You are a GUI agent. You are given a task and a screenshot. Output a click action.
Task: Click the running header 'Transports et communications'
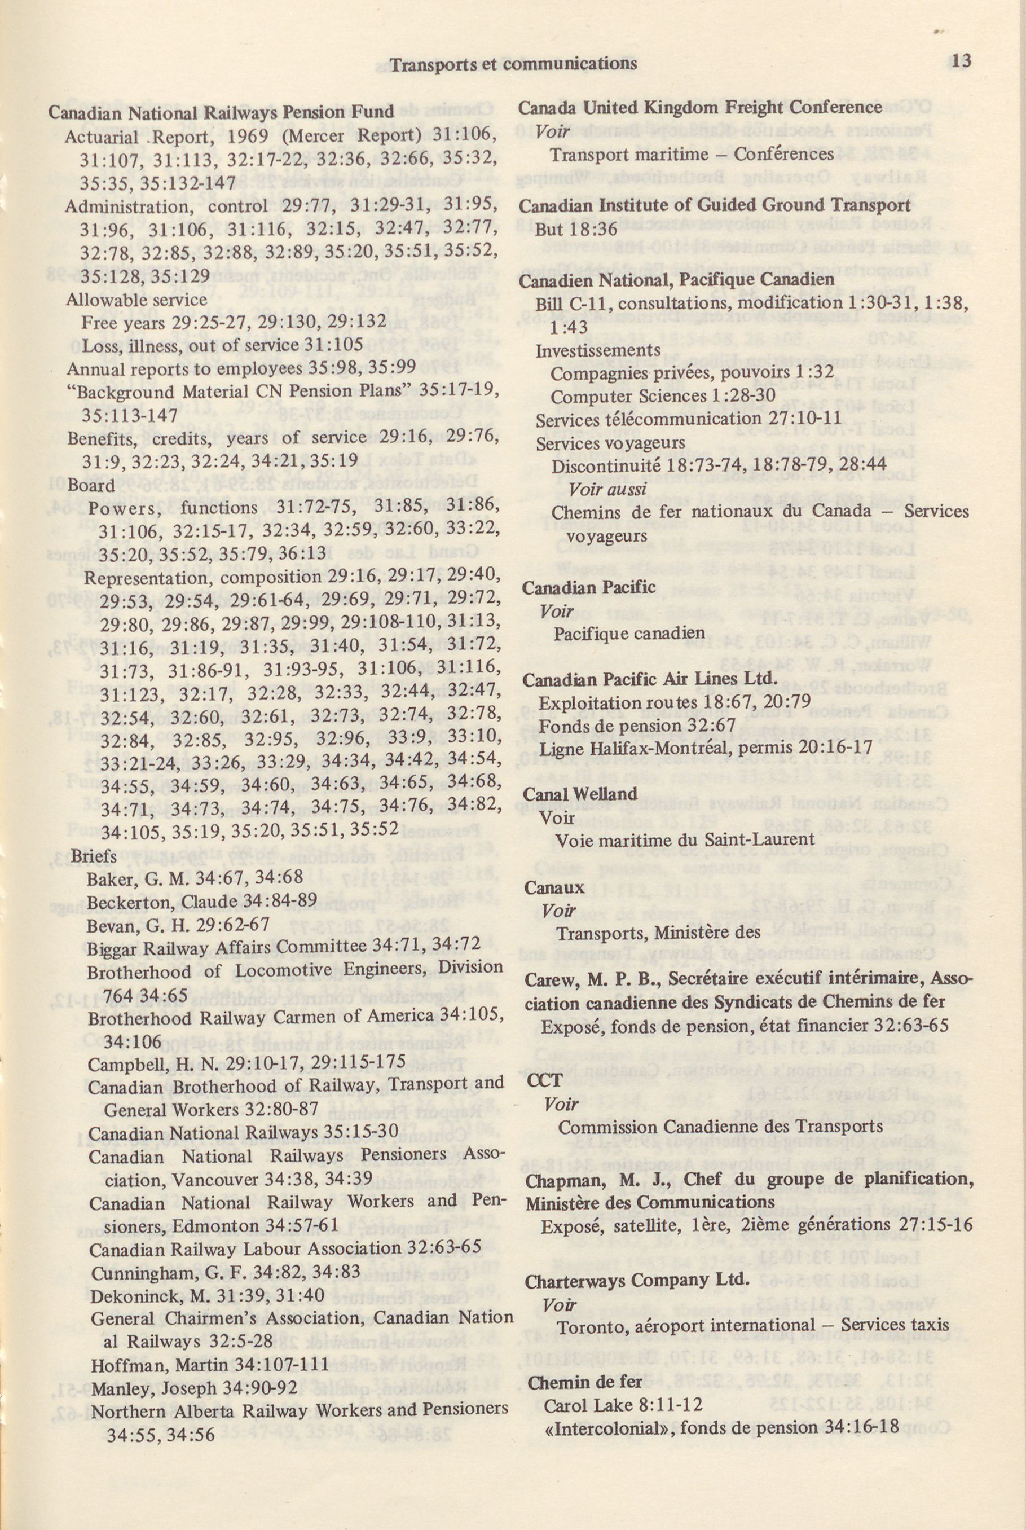click(513, 64)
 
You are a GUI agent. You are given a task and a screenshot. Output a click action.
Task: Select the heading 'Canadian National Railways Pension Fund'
click(221, 112)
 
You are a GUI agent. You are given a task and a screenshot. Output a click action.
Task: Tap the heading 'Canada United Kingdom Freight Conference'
click(700, 107)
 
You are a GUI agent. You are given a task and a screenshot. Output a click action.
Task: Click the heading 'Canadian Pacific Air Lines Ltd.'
click(650, 679)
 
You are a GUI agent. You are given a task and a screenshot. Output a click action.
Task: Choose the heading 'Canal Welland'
click(580, 794)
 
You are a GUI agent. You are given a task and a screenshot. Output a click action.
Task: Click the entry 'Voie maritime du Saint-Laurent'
click(684, 839)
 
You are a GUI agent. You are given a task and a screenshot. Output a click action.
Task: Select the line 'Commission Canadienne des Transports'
click(720, 1126)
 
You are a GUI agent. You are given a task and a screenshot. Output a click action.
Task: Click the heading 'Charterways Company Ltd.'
click(637, 1280)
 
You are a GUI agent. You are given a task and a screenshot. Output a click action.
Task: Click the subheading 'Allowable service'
click(136, 300)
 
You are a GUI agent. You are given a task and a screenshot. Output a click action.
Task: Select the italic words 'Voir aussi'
click(608, 489)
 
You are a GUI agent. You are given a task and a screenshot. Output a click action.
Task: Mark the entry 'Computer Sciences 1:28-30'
click(663, 396)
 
